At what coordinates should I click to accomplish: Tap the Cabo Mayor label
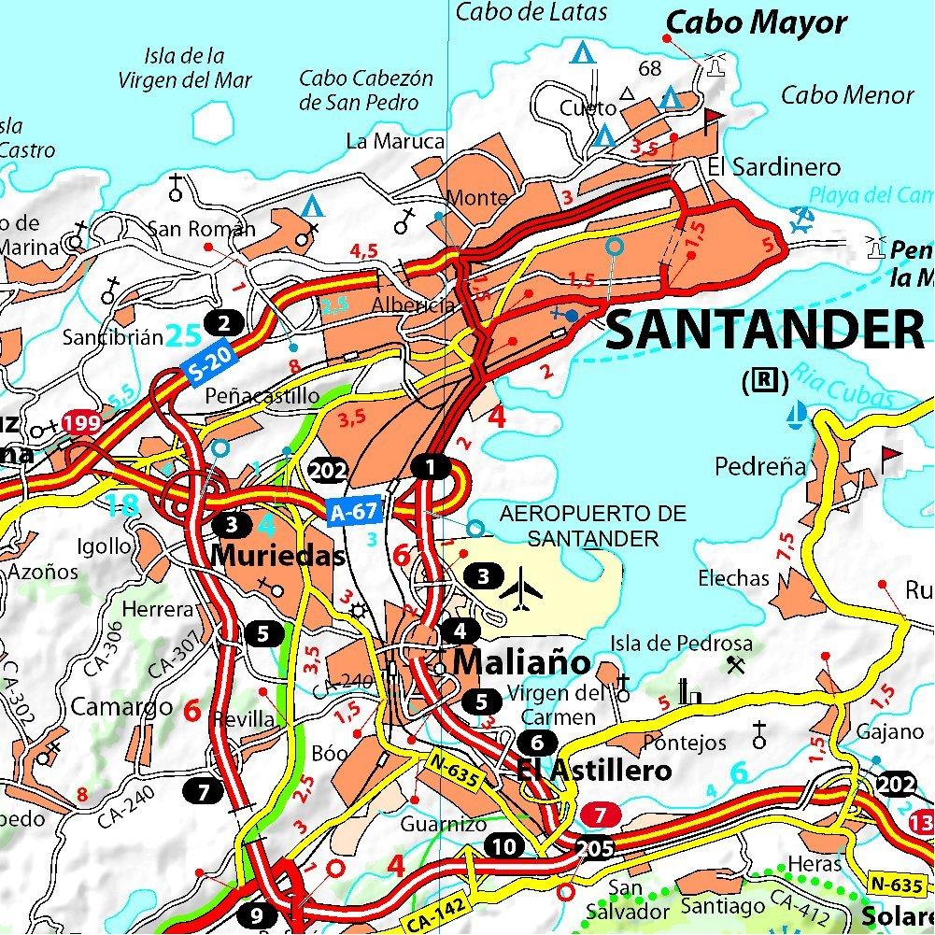[757, 22]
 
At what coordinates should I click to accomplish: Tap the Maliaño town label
[522, 663]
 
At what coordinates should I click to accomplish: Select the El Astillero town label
[593, 771]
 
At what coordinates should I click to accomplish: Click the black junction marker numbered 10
[504, 847]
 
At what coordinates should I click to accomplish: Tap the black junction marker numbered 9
[257, 914]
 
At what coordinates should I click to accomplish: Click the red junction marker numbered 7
[601, 815]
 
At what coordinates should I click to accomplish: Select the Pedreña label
[759, 465]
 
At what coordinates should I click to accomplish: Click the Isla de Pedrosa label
[681, 644]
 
